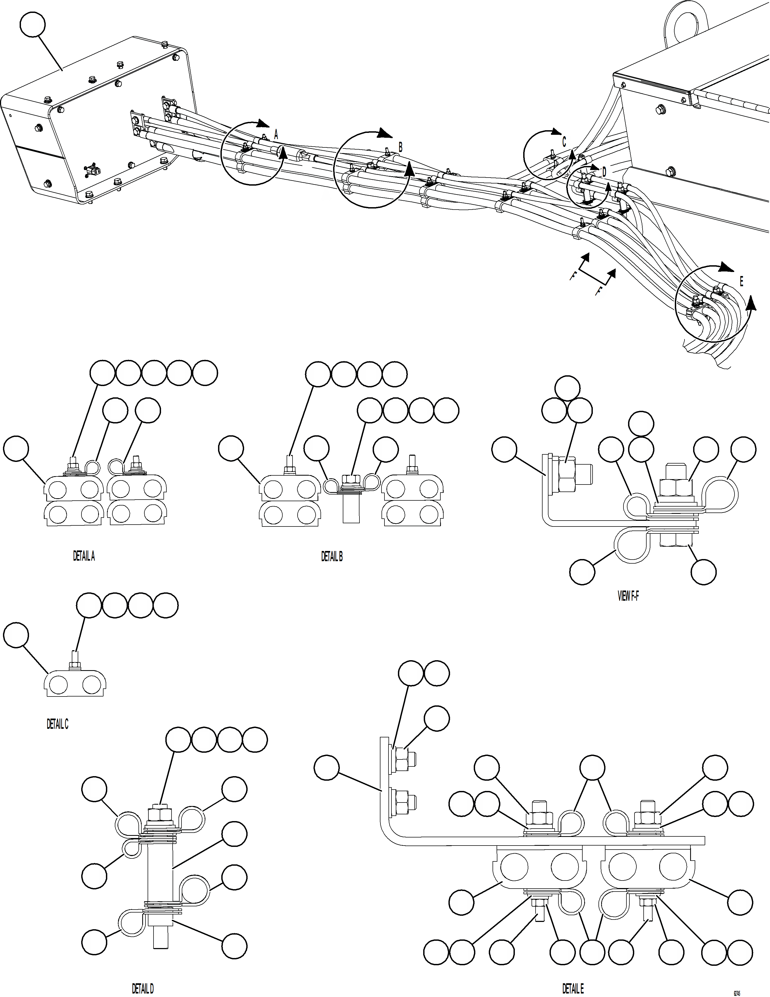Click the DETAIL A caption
84,556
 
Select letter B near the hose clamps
401,147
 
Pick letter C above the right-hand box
564,142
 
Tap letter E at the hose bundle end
741,282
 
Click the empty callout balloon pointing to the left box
33,26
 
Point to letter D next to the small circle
604,172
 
